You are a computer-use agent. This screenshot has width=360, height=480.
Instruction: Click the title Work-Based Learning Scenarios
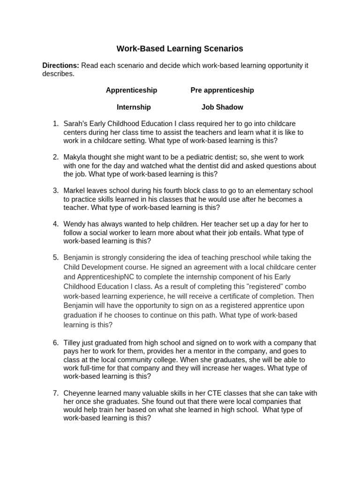[180, 48]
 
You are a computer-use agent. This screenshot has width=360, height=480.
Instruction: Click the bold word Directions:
[60, 66]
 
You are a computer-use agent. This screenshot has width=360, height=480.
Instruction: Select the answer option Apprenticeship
[131, 90]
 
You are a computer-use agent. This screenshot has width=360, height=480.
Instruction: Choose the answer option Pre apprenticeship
[222, 90]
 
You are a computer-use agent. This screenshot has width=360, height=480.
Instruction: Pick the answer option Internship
[134, 107]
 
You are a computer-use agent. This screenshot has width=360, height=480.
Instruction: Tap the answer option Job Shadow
[222, 107]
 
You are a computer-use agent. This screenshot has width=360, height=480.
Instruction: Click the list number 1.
[55, 124]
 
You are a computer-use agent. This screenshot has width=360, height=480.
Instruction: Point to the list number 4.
[55, 224]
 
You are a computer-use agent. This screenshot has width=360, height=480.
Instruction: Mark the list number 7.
[55, 393]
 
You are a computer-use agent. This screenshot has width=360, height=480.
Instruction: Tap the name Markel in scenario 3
[75, 190]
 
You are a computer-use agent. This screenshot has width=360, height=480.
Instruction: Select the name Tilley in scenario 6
[73, 343]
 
